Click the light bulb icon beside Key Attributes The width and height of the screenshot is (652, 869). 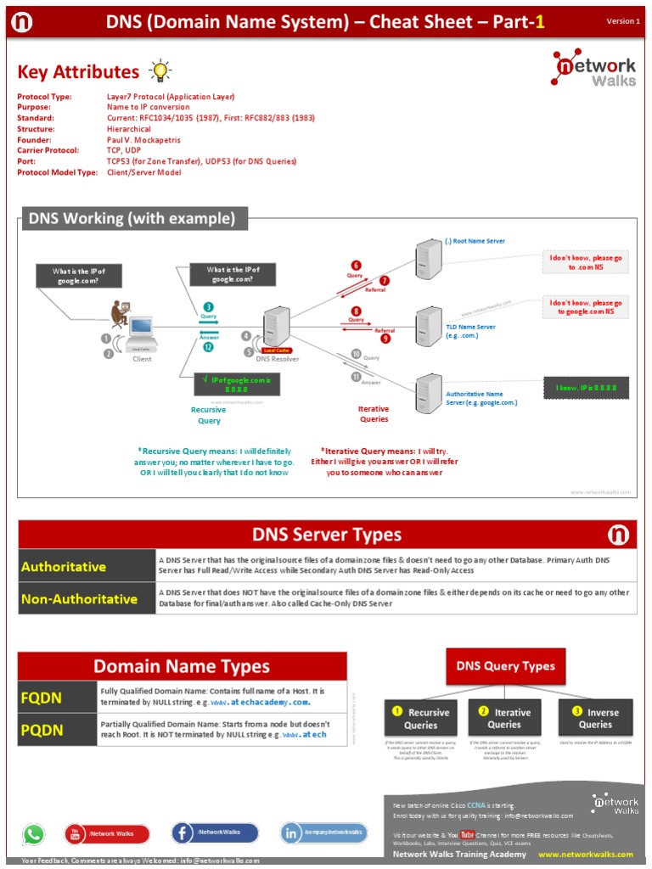160,70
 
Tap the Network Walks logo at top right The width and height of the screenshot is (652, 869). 595,72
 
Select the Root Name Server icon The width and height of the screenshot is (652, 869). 427,255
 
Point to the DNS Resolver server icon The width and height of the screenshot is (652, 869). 276,328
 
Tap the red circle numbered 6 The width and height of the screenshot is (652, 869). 356,265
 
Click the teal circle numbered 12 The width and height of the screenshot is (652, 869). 208,347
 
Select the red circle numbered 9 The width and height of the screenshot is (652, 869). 385,339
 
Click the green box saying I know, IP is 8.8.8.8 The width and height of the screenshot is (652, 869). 586,388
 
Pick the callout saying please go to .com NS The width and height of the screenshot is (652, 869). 586,261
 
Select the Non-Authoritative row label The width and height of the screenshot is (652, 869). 87,599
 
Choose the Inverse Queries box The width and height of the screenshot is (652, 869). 595,718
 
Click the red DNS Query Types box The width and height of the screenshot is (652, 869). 505,666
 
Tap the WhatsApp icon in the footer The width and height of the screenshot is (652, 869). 33,834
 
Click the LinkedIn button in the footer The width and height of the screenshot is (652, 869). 324,833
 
